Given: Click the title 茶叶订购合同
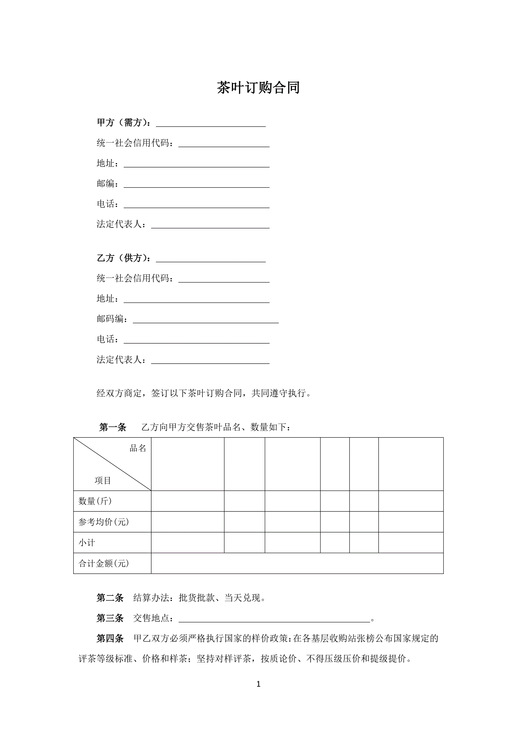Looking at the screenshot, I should click(258, 87).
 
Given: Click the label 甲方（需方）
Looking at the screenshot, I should click(122, 123).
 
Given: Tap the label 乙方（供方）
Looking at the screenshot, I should click(122, 258).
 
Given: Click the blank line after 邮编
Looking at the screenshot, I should click(196, 185).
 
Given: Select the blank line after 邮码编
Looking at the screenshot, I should click(206, 320).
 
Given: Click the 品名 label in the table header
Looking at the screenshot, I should click(138, 448).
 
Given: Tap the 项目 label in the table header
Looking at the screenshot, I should click(103, 480).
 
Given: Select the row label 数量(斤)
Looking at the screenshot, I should click(95, 501).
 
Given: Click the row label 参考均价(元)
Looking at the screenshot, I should click(103, 522).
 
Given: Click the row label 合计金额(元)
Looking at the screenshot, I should click(103, 563).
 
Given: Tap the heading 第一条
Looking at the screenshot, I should click(113, 427).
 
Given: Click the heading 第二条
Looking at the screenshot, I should click(110, 598).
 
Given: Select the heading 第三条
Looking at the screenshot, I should click(110, 618).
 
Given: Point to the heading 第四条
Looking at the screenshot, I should click(110, 638).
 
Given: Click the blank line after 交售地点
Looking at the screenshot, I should click(274, 619).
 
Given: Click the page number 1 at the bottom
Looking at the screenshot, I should click(258, 684).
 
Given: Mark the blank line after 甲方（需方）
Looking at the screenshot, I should click(211, 124).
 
